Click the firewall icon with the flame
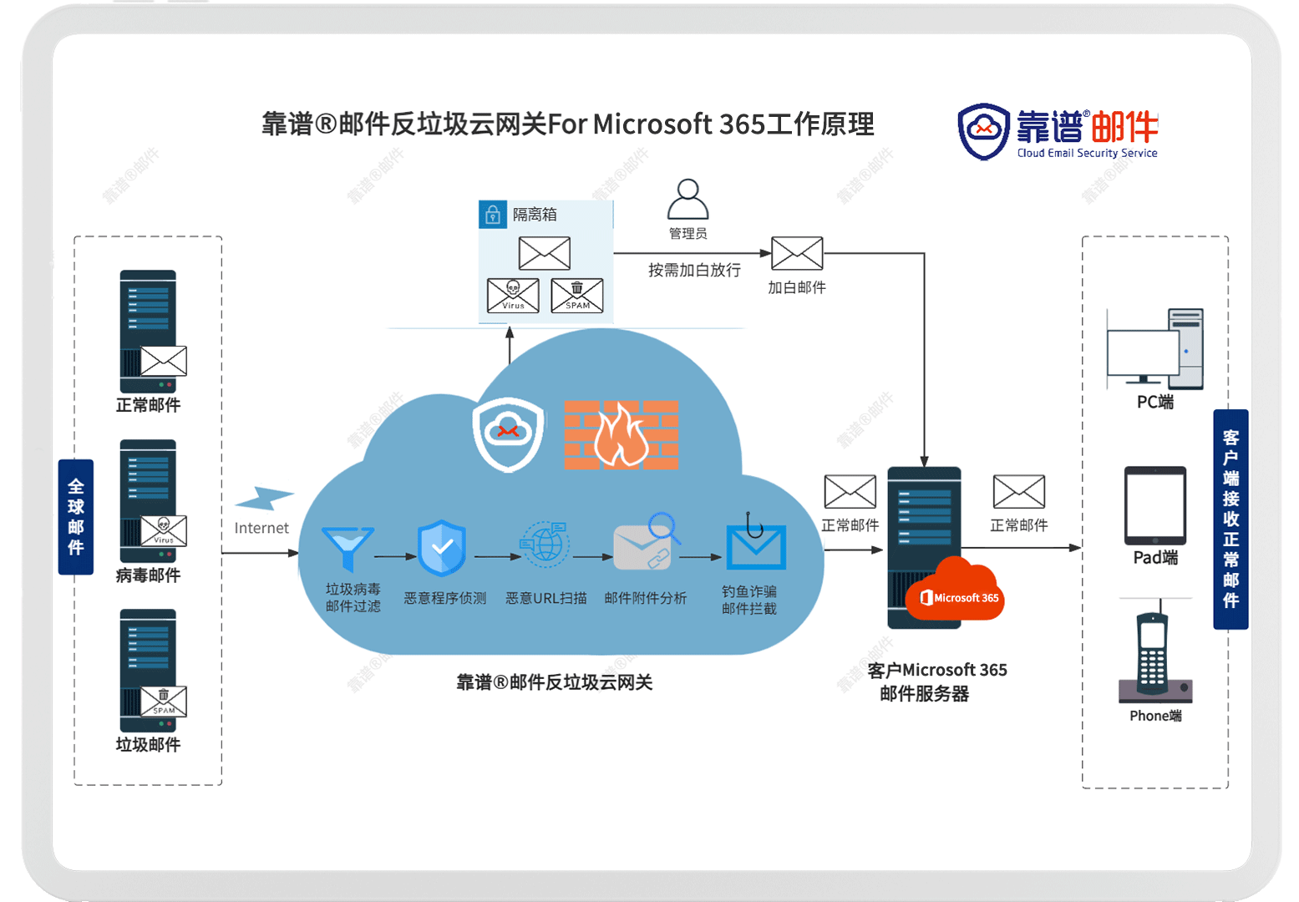pyautogui.click(x=621, y=435)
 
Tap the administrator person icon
pyautogui.click(x=688, y=199)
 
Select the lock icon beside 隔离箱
pyautogui.click(x=492, y=215)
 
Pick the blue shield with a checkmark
pyautogui.click(x=442, y=548)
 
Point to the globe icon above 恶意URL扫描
pyautogui.click(x=544, y=544)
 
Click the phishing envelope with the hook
pyautogui.click(x=756, y=542)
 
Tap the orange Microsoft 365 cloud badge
pyautogui.click(x=955, y=590)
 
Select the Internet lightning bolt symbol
pyautogui.click(x=264, y=498)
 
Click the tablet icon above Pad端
pyautogui.click(x=1155, y=505)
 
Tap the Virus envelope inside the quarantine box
pyautogui.click(x=513, y=295)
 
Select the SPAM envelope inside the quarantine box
pyautogui.click(x=577, y=295)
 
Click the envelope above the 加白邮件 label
pyautogui.click(x=797, y=253)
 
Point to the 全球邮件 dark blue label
pyautogui.click(x=76, y=516)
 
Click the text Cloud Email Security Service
pyautogui.click(x=1088, y=153)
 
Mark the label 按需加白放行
pyautogui.click(x=694, y=270)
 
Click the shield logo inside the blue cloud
pyautogui.click(x=509, y=434)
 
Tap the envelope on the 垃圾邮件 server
pyautogui.click(x=164, y=702)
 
